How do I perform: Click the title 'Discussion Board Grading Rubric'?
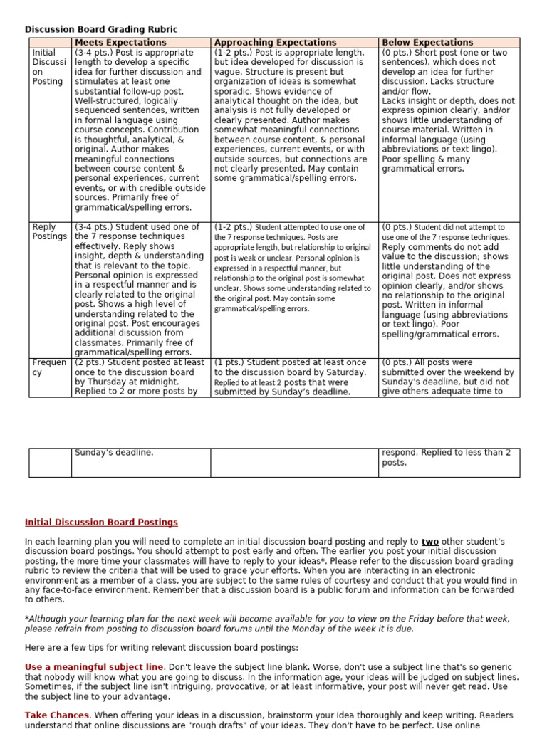(101, 29)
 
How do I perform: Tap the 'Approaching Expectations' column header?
(275, 43)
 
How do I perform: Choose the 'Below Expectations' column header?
(427, 43)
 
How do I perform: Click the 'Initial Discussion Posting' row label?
(48, 67)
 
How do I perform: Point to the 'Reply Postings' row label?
(48, 231)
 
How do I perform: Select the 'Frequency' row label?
(48, 367)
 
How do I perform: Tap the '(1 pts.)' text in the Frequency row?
(230, 362)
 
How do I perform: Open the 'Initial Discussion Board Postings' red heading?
(101, 523)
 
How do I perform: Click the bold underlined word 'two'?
(429, 542)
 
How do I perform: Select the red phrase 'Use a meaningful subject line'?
(94, 666)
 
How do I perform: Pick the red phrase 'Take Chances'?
(58, 715)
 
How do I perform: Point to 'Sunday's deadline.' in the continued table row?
(114, 453)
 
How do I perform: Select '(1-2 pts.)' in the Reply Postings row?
(233, 227)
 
